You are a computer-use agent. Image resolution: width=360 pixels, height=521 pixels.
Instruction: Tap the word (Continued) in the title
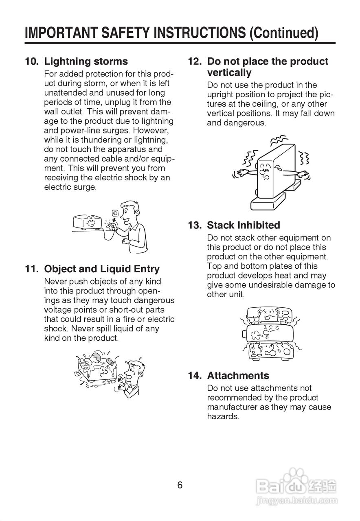(x=284, y=33)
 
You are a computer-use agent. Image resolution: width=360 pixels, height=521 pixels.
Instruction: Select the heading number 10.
(x=32, y=61)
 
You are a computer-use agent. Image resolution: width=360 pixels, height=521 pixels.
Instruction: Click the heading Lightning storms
(x=86, y=61)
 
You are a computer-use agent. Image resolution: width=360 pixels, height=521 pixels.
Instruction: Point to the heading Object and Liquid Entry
(x=102, y=269)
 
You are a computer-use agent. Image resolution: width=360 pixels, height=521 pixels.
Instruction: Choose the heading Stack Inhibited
(x=244, y=225)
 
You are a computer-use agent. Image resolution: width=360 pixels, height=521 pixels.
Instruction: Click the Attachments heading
(x=238, y=375)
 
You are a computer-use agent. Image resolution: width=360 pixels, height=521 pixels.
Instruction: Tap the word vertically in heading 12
(x=229, y=73)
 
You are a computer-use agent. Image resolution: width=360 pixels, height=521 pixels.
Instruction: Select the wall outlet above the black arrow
(x=115, y=212)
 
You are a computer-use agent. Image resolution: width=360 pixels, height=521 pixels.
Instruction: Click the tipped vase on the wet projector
(x=97, y=357)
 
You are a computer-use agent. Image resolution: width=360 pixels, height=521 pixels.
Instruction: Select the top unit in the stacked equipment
(x=270, y=314)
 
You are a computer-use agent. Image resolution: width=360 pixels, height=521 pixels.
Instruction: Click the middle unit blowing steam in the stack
(x=269, y=333)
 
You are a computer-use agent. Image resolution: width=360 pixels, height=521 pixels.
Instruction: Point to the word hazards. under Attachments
(x=223, y=416)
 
